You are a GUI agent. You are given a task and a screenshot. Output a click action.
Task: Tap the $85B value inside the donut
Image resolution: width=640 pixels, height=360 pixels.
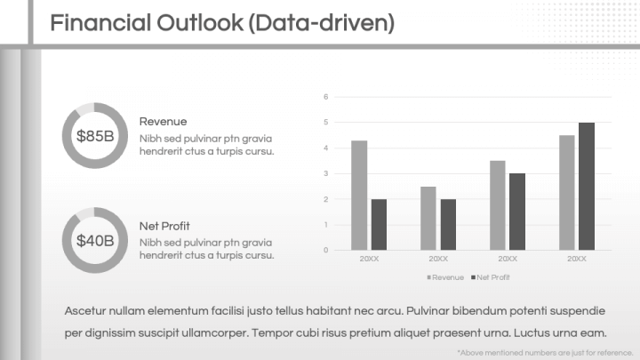(95, 136)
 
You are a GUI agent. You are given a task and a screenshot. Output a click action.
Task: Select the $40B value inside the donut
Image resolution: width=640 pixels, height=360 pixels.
(95, 240)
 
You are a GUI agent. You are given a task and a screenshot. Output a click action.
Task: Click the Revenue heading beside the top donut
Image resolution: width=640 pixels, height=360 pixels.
(163, 121)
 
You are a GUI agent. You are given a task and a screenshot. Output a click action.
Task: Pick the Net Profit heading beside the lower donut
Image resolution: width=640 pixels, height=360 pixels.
(164, 226)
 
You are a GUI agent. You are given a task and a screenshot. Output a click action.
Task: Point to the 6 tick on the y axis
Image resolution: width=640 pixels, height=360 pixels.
(326, 97)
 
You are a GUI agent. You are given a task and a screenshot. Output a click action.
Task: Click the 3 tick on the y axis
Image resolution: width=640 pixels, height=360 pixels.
(326, 173)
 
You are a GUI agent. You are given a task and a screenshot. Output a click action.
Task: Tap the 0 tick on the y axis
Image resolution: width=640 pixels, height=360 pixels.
(326, 250)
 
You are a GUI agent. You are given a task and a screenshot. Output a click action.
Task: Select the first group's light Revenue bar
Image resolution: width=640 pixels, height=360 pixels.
(359, 195)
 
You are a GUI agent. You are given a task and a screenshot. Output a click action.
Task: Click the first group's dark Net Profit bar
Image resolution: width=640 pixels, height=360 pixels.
(379, 224)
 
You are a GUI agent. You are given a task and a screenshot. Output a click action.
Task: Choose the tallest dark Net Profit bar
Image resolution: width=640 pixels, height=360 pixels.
(587, 186)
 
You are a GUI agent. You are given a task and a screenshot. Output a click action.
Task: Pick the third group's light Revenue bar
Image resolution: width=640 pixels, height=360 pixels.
(498, 204)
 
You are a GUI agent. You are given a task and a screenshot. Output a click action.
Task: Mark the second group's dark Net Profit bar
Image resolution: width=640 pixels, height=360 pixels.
(448, 224)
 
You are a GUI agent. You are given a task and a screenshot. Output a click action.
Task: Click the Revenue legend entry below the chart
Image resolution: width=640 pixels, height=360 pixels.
(445, 278)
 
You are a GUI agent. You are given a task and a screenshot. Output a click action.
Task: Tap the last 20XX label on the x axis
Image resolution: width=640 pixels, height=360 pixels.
(577, 259)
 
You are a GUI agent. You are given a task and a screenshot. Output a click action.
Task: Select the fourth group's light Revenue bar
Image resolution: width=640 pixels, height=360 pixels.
(567, 192)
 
